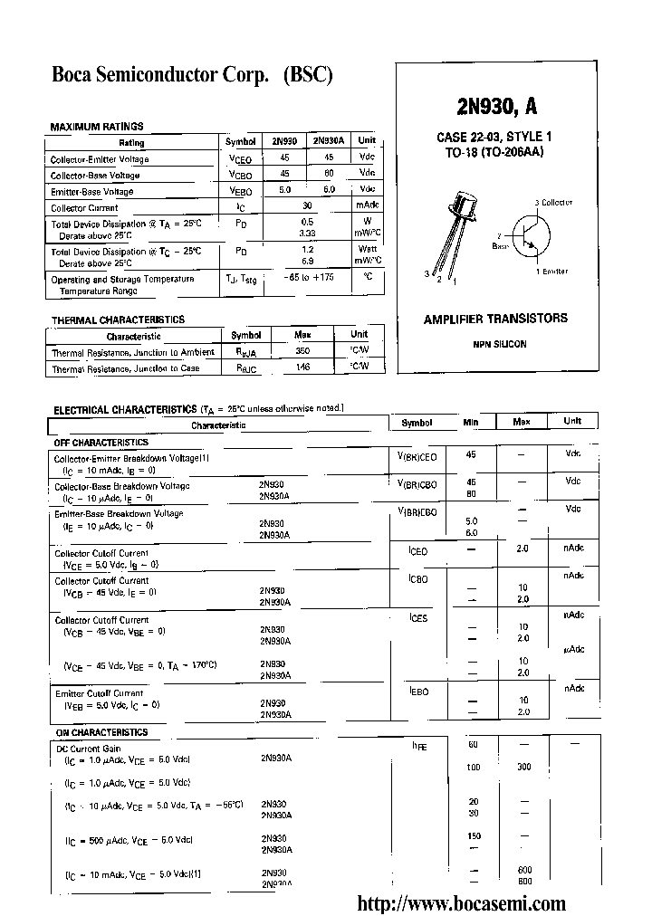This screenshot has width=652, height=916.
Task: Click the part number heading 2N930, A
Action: click(x=496, y=107)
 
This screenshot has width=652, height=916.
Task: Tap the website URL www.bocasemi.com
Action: click(x=462, y=902)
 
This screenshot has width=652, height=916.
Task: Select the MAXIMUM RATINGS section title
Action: click(x=96, y=127)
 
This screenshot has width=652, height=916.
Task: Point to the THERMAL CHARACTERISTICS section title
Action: click(x=118, y=320)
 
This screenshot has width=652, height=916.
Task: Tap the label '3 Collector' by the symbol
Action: click(x=553, y=203)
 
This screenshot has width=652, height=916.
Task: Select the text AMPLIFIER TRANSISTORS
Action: click(x=495, y=319)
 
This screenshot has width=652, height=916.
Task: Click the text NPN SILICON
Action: click(x=498, y=344)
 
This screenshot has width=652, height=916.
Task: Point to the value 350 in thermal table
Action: click(x=302, y=350)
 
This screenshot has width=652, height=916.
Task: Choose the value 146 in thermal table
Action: click(x=302, y=367)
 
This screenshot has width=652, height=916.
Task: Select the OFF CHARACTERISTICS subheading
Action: click(x=101, y=443)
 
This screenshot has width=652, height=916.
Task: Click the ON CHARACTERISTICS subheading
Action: click(x=101, y=732)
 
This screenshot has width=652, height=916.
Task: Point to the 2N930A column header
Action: click(x=328, y=141)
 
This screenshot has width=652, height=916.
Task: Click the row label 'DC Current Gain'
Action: click(x=88, y=749)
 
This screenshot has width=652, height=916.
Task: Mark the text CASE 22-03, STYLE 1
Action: click(x=494, y=137)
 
